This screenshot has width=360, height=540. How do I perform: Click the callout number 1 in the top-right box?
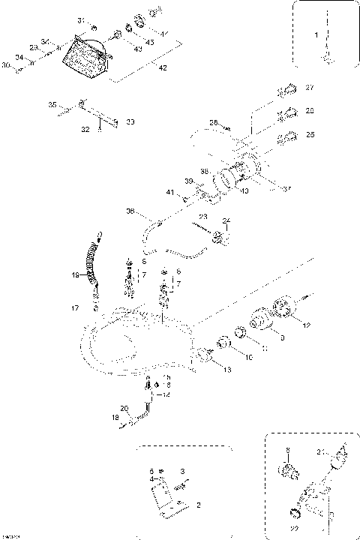pos(316,35)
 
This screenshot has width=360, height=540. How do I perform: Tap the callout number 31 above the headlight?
pos(81,19)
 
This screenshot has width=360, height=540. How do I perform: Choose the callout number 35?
pos(52,105)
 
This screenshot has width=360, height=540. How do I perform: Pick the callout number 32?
pos(85,130)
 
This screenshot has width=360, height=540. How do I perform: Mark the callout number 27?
pos(310,88)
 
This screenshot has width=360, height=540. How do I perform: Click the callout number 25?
pos(310,135)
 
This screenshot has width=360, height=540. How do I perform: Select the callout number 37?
pos(286,188)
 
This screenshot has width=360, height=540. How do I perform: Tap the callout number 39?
pos(189,181)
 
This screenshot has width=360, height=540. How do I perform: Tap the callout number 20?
pos(125,408)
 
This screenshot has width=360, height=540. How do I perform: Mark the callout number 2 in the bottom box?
pos(198,505)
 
